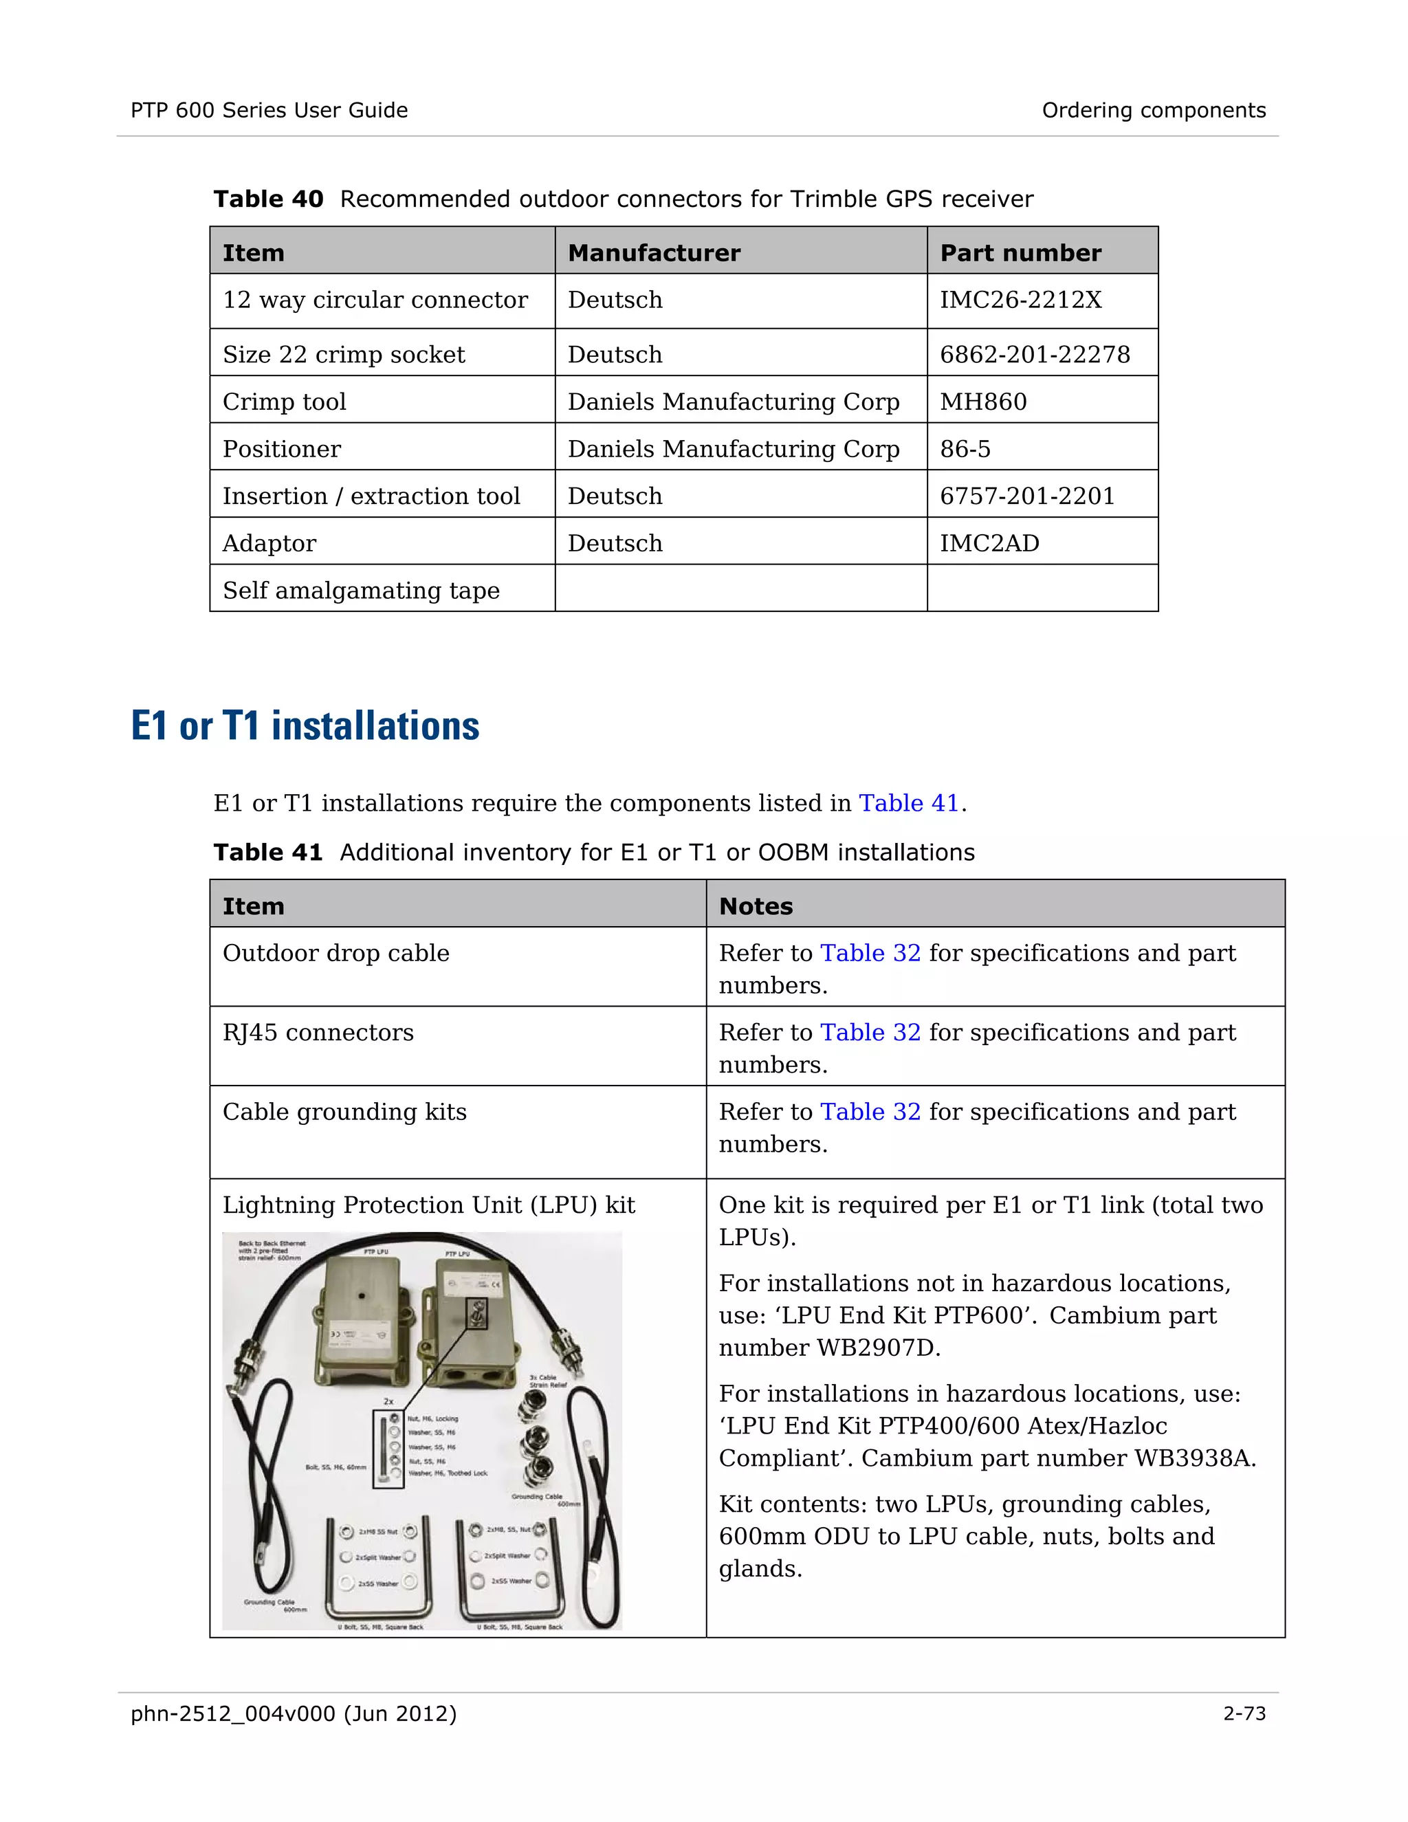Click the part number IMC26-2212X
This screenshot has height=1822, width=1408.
pyautogui.click(x=1020, y=300)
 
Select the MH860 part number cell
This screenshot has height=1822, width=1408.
pyautogui.click(x=982, y=402)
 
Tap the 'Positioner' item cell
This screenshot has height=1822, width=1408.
pyautogui.click(x=281, y=450)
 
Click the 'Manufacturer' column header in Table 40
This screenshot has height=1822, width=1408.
pyautogui.click(x=654, y=254)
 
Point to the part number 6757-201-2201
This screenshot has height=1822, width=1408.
pyautogui.click(x=1027, y=496)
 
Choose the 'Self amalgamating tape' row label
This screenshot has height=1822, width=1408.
pyautogui.click(x=360, y=591)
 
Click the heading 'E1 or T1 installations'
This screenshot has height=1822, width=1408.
pyautogui.click(x=305, y=726)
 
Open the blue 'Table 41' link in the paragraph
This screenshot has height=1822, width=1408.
pyautogui.click(x=908, y=803)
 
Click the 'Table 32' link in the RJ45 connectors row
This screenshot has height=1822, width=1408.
pyautogui.click(x=870, y=1033)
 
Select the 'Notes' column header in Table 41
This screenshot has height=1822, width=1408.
pyautogui.click(x=756, y=907)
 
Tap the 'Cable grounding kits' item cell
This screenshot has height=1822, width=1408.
pyautogui.click(x=344, y=1112)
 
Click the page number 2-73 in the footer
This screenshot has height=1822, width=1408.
pyautogui.click(x=1244, y=1713)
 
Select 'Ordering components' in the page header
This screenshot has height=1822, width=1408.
pyautogui.click(x=1153, y=111)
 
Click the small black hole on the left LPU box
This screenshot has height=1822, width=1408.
pyautogui.click(x=361, y=1297)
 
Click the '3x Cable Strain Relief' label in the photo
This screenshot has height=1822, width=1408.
pyautogui.click(x=547, y=1381)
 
